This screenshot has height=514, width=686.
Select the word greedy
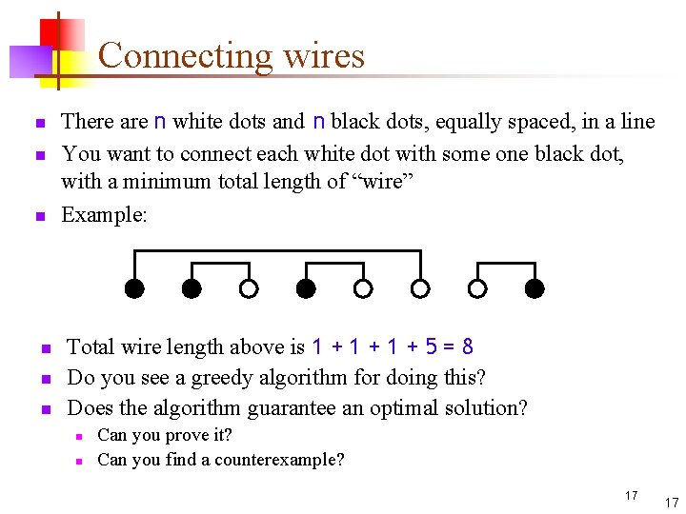pyautogui.click(x=207, y=378)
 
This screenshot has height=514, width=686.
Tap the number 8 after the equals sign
pyautogui.click(x=467, y=346)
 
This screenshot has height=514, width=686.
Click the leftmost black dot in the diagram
pyautogui.click(x=134, y=287)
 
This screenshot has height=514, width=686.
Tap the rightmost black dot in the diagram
pyautogui.click(x=535, y=287)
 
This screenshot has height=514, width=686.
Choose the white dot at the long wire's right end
pyautogui.click(x=420, y=287)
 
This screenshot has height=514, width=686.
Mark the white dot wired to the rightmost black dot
pyautogui.click(x=477, y=287)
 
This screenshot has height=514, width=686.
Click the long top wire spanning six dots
pyautogui.click(x=276, y=251)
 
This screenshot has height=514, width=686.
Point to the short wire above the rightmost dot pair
pyautogui.click(x=506, y=263)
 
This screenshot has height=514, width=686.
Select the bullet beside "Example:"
pyautogui.click(x=40, y=217)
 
